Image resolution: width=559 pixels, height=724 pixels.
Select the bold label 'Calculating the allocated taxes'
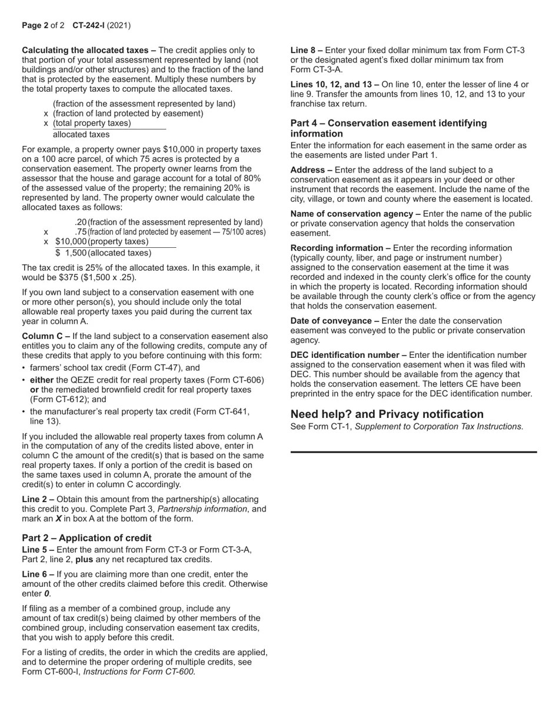pos(88,50)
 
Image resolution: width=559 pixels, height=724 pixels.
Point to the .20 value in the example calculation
pos(81,222)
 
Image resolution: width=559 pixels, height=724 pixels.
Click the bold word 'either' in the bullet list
pos(42,380)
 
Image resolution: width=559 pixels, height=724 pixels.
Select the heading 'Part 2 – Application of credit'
pos(86,537)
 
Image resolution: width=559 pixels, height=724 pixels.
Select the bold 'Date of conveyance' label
pos(334,321)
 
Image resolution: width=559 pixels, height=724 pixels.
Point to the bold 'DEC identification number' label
pos(348,355)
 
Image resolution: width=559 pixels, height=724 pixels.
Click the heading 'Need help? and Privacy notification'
pos(387,414)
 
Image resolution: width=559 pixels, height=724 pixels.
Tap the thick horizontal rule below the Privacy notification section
pos(413,451)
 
